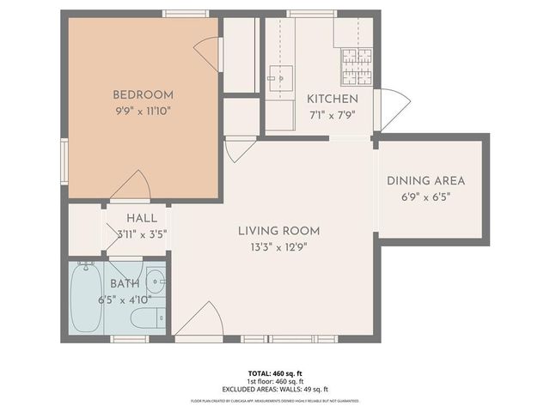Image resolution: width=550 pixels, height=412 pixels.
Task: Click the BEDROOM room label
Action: pos(144,94)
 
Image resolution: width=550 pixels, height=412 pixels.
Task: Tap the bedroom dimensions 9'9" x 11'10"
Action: pos(144,111)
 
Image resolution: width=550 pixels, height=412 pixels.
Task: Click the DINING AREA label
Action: pos(425,180)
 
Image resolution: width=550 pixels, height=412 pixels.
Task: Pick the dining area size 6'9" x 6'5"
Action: pos(425,197)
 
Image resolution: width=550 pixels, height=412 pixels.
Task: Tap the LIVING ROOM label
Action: pos(278,230)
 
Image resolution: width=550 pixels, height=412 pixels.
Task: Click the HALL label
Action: pos(142,218)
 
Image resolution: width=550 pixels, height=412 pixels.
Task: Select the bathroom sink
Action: pos(156,281)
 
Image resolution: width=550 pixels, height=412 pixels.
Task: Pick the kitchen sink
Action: pos(279,78)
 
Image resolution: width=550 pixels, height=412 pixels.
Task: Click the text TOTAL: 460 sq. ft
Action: pos(274,373)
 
